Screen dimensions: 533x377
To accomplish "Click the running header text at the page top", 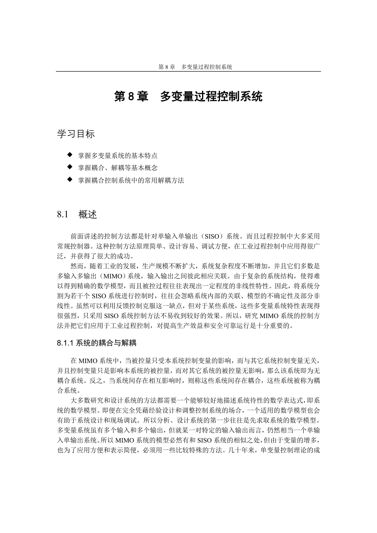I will [195, 67].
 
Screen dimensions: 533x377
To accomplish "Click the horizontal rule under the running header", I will [188, 72].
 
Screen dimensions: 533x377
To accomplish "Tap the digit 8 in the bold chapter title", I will [131, 97].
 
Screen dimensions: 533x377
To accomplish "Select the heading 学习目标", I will [76, 134].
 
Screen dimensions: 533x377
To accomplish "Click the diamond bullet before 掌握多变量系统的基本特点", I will [69, 155].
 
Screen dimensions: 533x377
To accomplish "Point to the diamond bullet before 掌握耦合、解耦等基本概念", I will [69, 167].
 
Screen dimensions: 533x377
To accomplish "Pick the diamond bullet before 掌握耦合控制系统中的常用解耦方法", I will [69, 179].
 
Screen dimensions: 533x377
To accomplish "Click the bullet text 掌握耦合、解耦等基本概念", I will [118, 168].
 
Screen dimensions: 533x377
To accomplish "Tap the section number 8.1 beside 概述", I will [62, 215].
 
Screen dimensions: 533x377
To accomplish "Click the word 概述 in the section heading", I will [88, 215].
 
